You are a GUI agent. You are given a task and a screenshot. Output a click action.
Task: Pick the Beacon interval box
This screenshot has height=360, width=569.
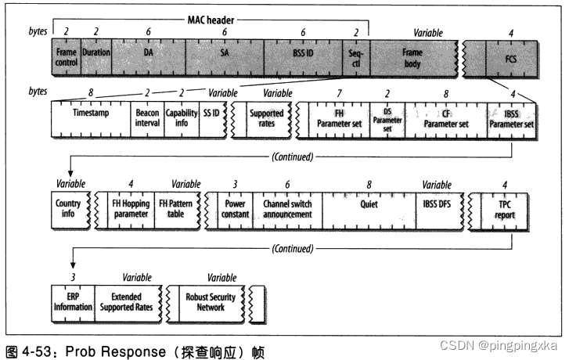click(x=147, y=118)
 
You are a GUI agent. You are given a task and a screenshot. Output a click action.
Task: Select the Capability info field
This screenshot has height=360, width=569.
click(x=182, y=118)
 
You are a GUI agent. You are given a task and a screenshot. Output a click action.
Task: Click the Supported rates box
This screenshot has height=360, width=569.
click(x=265, y=118)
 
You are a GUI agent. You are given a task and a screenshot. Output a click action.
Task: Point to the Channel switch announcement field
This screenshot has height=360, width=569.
click(x=287, y=209)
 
